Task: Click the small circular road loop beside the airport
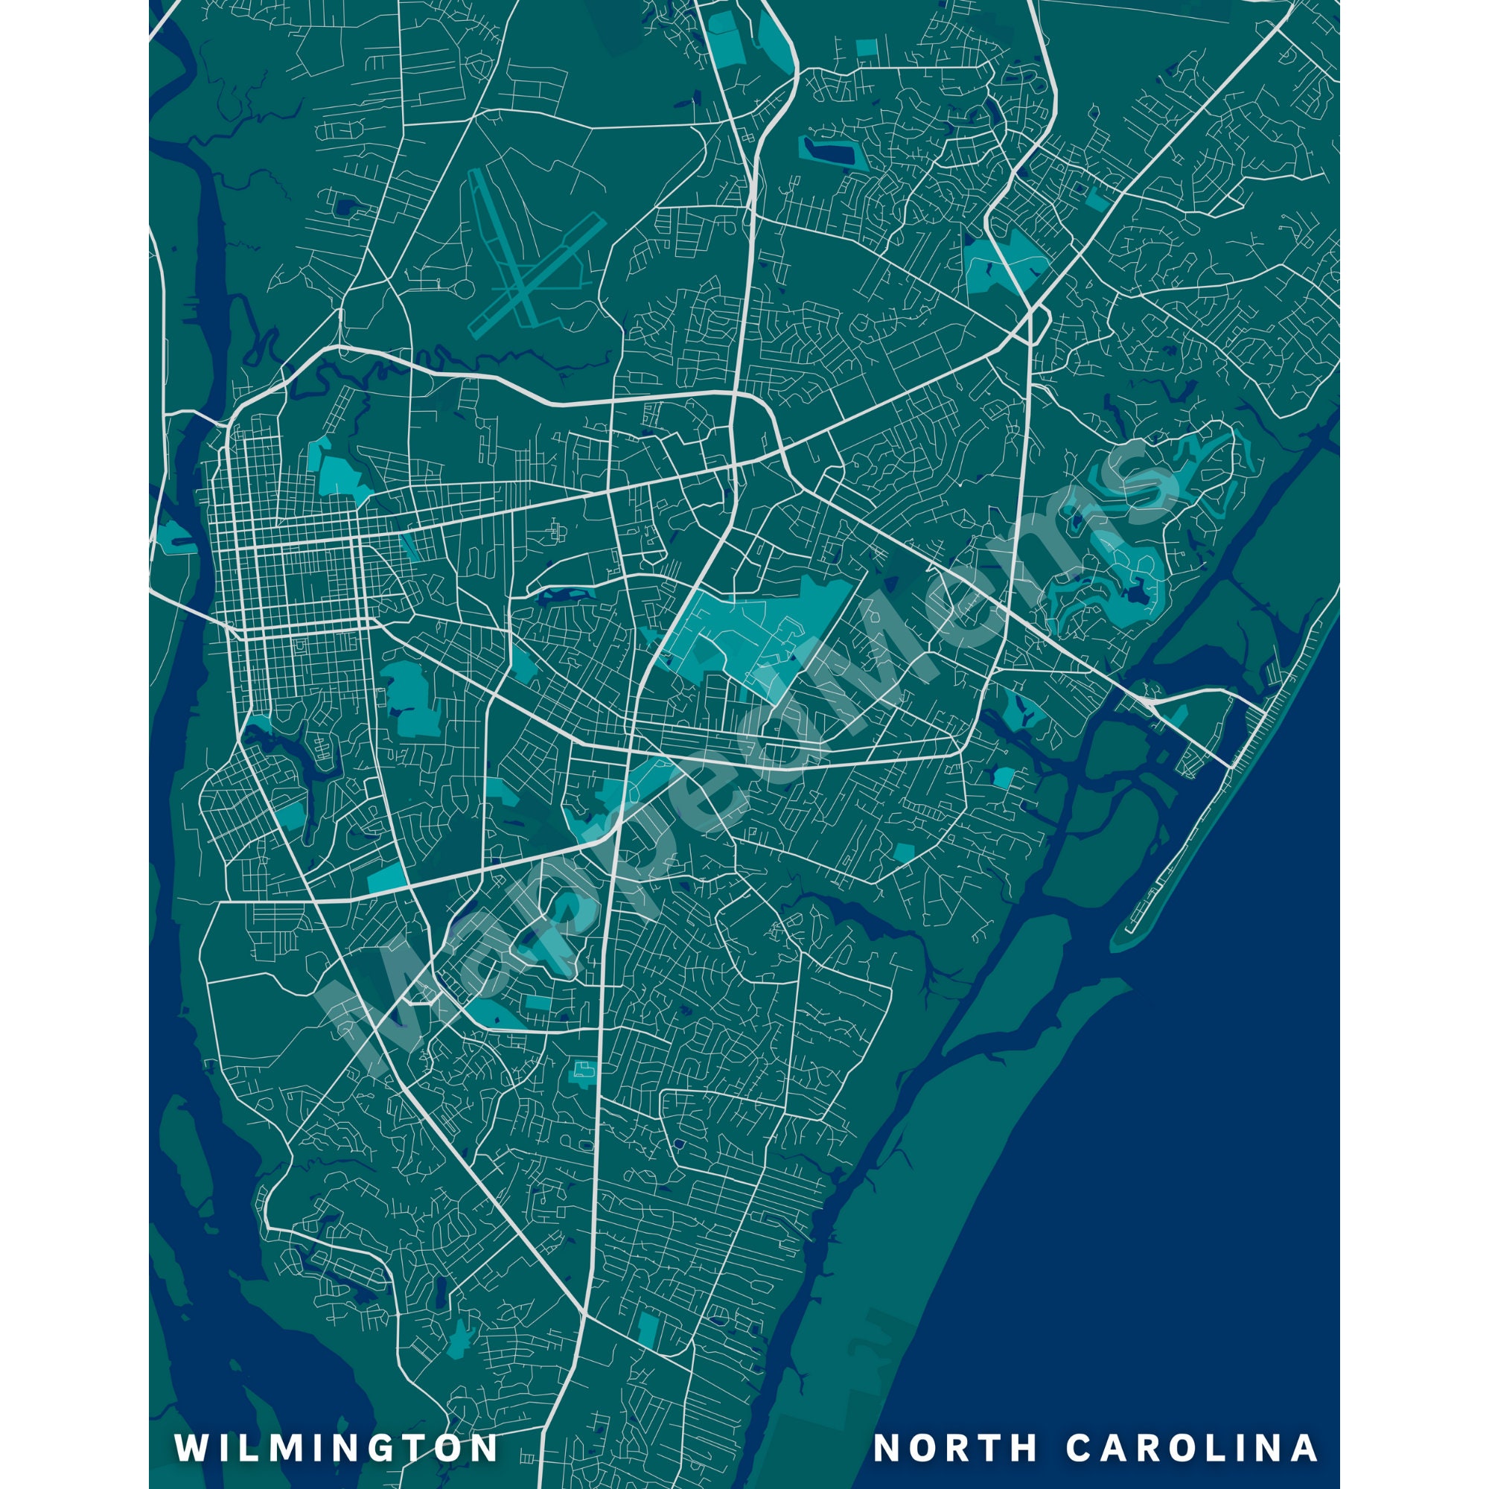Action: click(x=465, y=289)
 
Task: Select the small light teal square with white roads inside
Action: click(x=582, y=1072)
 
